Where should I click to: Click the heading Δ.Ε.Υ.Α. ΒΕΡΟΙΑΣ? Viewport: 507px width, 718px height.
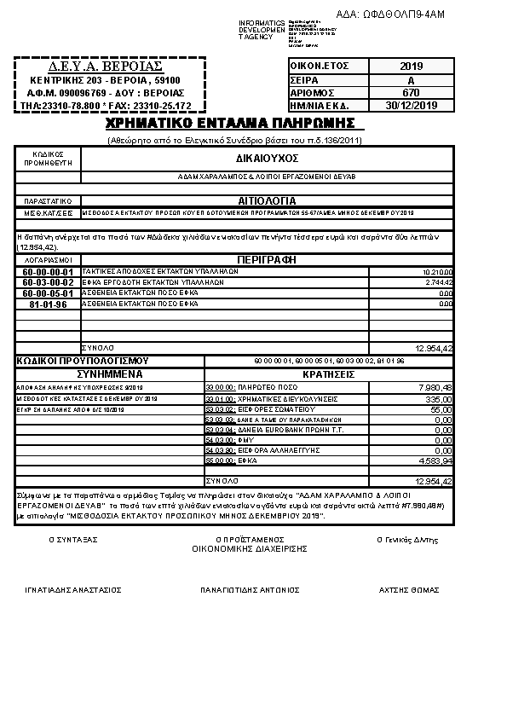click(106, 66)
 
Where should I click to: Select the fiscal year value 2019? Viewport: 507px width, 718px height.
click(411, 66)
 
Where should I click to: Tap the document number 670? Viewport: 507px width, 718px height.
click(411, 92)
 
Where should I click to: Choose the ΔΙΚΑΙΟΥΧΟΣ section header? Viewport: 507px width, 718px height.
click(266, 159)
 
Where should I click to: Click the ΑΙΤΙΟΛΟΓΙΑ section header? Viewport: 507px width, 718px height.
click(266, 201)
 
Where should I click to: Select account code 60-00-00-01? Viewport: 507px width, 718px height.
click(49, 271)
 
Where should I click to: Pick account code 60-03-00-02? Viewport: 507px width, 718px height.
click(49, 282)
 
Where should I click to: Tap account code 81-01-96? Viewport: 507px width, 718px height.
click(49, 304)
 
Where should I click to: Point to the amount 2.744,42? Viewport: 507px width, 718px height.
click(437, 282)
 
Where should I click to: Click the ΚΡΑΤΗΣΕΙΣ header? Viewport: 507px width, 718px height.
click(328, 373)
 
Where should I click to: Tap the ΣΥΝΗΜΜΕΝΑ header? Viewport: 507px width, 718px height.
click(110, 373)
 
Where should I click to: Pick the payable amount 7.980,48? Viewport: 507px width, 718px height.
click(435, 387)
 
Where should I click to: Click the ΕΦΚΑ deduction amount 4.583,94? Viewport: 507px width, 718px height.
click(435, 460)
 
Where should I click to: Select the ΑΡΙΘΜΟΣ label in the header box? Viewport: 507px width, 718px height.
click(312, 92)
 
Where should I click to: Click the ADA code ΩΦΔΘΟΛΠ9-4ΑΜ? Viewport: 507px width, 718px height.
click(403, 14)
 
